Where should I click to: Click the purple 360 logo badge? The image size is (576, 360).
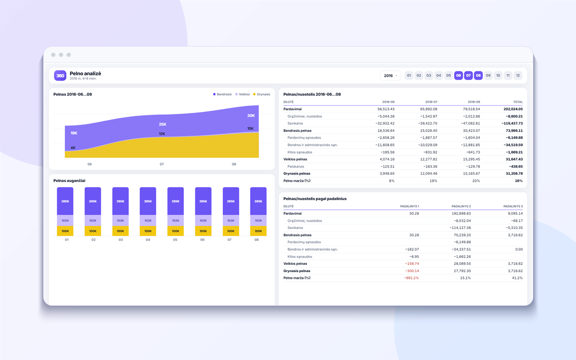point(60,76)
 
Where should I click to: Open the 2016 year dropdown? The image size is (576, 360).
point(390,76)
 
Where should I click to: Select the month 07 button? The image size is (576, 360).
point(468,76)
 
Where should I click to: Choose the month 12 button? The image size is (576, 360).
point(518,76)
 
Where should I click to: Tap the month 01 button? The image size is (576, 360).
point(409,76)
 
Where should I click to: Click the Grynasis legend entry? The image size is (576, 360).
point(262,95)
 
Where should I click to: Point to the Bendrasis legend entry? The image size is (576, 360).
point(222,95)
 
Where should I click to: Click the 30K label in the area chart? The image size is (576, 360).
point(251,116)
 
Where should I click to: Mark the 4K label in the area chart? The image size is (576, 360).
point(73,148)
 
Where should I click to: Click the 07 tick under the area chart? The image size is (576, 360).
point(162,164)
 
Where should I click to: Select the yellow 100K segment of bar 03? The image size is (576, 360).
point(120,231)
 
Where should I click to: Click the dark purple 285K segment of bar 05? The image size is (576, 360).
point(176,201)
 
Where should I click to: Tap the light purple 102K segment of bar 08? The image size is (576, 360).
point(258,221)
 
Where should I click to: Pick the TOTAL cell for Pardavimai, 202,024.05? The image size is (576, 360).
point(513,109)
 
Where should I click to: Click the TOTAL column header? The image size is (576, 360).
point(518,102)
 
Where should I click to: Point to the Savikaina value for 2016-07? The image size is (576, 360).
point(428,123)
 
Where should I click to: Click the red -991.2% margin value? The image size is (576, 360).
point(411,278)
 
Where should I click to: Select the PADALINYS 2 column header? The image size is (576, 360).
point(461,206)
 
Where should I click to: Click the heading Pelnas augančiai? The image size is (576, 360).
point(69,180)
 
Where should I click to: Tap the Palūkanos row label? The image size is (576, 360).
point(296,167)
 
